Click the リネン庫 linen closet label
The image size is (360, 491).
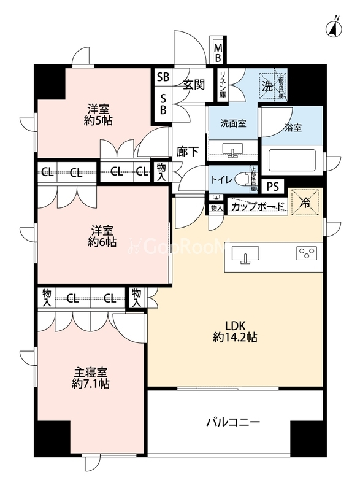[x=223, y=85]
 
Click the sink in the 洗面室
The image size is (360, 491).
[x=233, y=149]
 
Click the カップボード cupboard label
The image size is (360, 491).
[x=257, y=207]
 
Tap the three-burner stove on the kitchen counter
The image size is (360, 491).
[x=308, y=253]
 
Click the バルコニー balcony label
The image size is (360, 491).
[x=233, y=422]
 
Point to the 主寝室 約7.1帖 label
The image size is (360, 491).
[x=91, y=378]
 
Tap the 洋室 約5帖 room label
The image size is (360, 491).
[x=98, y=115]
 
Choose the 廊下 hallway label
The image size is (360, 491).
[x=187, y=152]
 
